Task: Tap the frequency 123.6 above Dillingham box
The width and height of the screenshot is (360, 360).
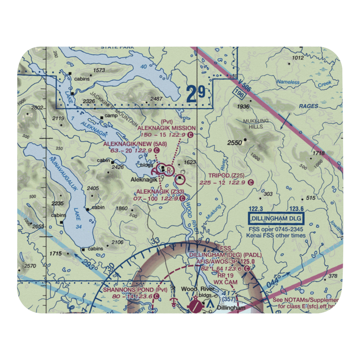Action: (x=296, y=208)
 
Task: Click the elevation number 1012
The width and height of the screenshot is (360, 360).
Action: (x=298, y=58)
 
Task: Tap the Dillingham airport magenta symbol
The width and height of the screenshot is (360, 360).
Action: (x=195, y=307)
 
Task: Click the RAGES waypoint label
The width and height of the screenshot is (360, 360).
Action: (x=309, y=106)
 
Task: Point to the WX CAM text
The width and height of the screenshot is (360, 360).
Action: (x=225, y=283)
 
